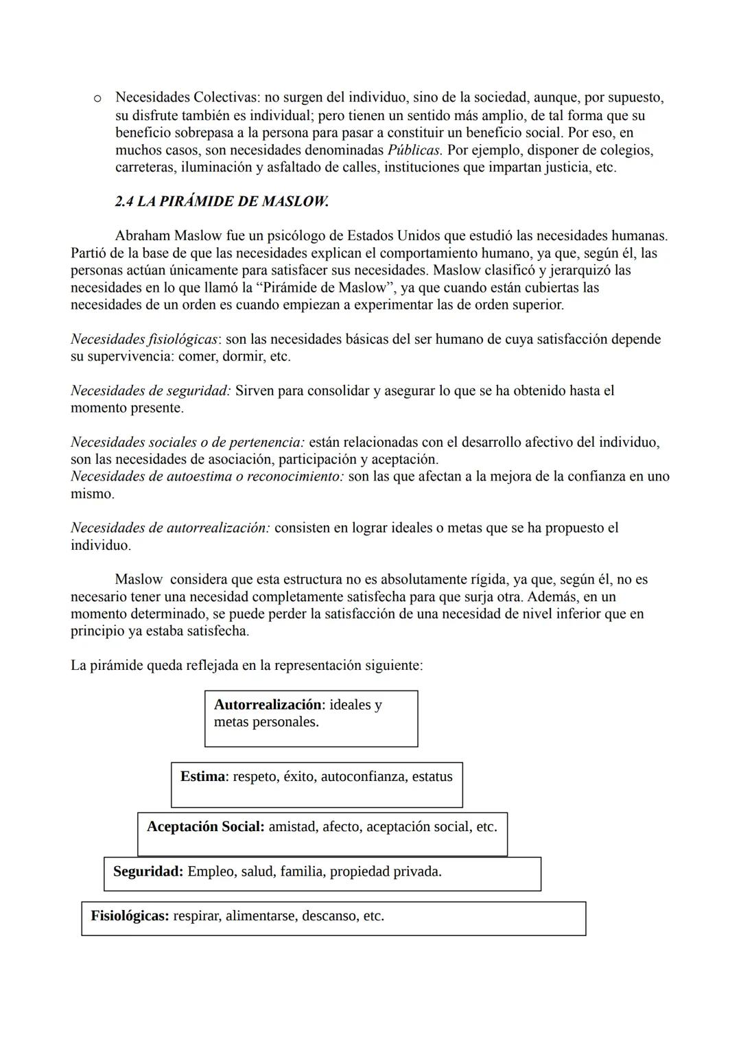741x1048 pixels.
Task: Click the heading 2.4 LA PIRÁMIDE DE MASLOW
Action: click(x=222, y=202)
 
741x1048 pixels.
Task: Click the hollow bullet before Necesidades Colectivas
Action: click(x=98, y=99)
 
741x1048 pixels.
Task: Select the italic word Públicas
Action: click(x=414, y=150)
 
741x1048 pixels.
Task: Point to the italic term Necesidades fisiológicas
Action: click(x=144, y=339)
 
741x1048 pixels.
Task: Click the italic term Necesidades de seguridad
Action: click(x=150, y=391)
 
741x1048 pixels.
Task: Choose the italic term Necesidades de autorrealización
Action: click(x=170, y=528)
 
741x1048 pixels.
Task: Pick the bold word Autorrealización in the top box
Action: click(x=268, y=705)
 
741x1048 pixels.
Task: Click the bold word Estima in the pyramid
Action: click(x=203, y=777)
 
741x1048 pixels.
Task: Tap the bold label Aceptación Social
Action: click(x=205, y=827)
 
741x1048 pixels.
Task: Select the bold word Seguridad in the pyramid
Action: click(x=148, y=872)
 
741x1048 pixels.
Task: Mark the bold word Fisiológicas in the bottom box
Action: click(x=130, y=916)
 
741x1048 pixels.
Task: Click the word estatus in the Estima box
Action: click(x=432, y=777)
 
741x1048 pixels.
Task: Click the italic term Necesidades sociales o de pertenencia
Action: click(x=187, y=442)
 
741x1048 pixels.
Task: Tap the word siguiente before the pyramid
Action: click(x=395, y=666)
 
